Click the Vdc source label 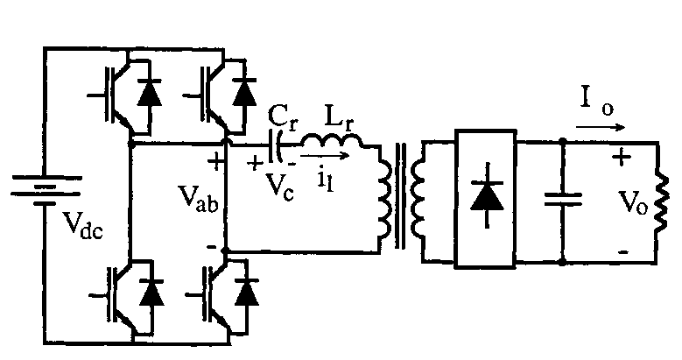click(82, 226)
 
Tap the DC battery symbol click(46, 190)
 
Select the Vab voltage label click(198, 200)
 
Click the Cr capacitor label click(283, 116)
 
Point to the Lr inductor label click(339, 116)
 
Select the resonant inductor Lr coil click(332, 140)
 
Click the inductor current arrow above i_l click(325, 155)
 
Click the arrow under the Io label click(601, 128)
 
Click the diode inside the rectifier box click(487, 195)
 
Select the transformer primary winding click(385, 197)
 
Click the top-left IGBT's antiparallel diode click(149, 93)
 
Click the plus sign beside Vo click(622, 157)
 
